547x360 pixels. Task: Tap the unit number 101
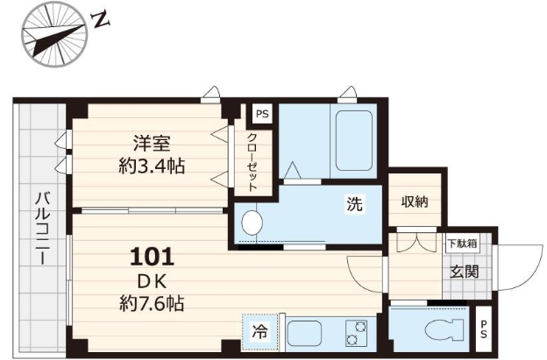tap(152, 258)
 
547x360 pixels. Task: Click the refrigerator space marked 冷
tap(260, 333)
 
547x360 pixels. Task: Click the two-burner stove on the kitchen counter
tap(358, 334)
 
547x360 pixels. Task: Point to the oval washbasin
tap(252, 224)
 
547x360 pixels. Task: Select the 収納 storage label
tap(414, 202)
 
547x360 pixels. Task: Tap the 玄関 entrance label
tap(464, 272)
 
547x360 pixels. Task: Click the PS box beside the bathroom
tap(260, 113)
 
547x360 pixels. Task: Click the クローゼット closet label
tap(252, 161)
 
